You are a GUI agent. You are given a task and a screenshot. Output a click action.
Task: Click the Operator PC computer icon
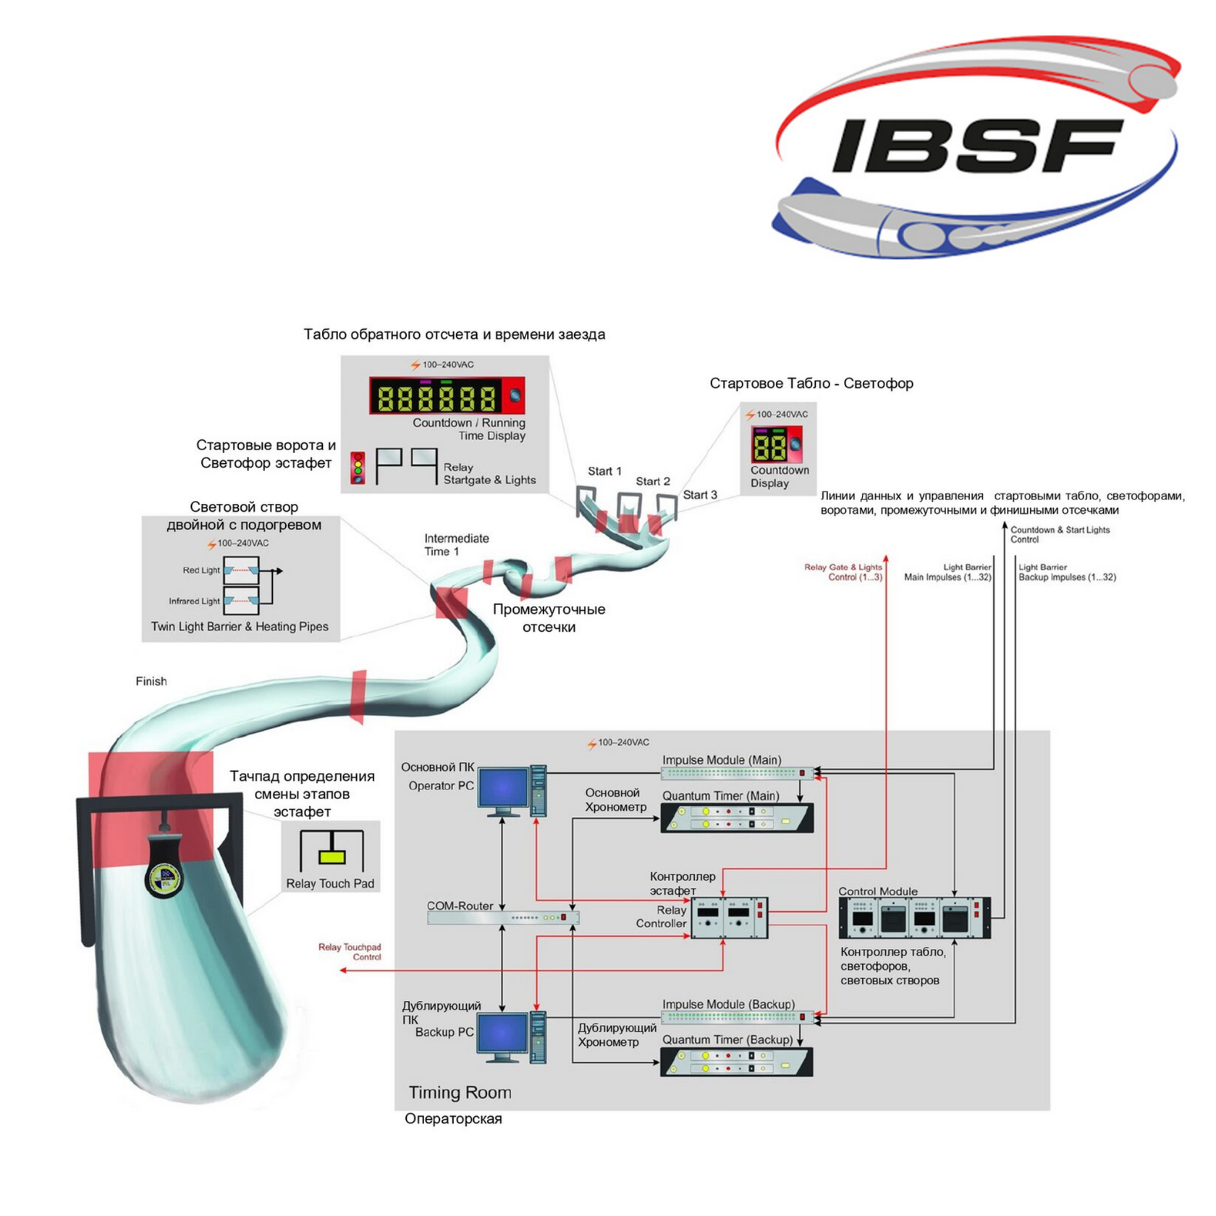coord(512,790)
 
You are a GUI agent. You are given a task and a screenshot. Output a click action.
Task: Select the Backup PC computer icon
coord(512,1037)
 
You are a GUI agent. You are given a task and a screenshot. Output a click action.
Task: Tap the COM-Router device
coord(503,918)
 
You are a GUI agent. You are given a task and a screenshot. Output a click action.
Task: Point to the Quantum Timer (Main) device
coord(737,818)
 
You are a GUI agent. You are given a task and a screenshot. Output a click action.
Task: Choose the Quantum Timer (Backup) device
coord(737,1062)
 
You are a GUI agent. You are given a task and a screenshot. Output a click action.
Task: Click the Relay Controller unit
coord(730,918)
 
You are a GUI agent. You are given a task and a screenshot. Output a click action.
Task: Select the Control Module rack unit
coord(915,918)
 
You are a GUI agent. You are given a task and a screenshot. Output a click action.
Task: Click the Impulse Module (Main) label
coord(722,760)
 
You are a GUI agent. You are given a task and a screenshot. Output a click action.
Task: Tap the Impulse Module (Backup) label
coord(728,1005)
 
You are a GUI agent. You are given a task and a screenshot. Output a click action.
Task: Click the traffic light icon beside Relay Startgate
coord(358,468)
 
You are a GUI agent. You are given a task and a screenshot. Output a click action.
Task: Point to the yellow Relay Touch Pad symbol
coord(332,857)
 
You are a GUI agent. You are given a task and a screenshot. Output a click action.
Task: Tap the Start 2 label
coord(653,481)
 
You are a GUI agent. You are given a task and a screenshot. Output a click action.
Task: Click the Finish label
coord(151,681)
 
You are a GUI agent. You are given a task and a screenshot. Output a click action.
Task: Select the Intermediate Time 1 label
coord(457,545)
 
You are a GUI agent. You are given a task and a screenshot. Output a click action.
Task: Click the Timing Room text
coord(460,1093)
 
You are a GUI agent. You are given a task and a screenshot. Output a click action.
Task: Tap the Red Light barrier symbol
coord(241,570)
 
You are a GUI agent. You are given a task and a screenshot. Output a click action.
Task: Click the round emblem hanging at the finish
coord(165,878)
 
